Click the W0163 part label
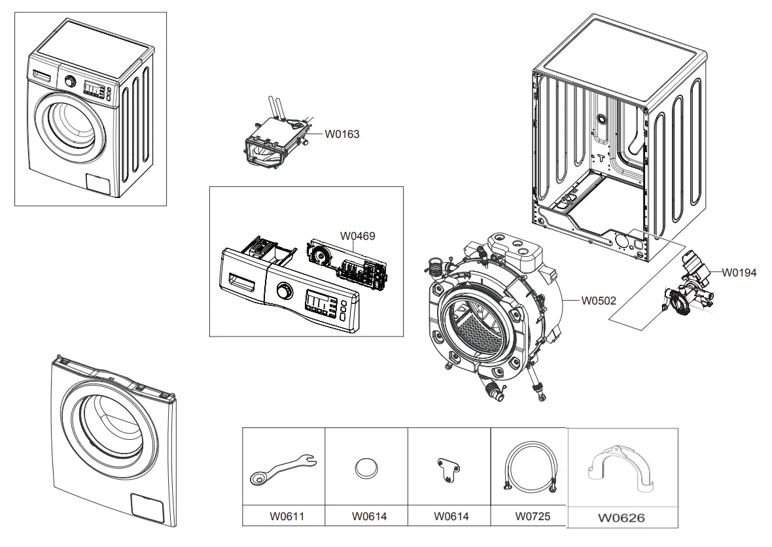pos(342,135)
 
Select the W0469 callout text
pos(357,235)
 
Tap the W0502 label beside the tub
pos(599,301)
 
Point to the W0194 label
pos(739,273)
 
